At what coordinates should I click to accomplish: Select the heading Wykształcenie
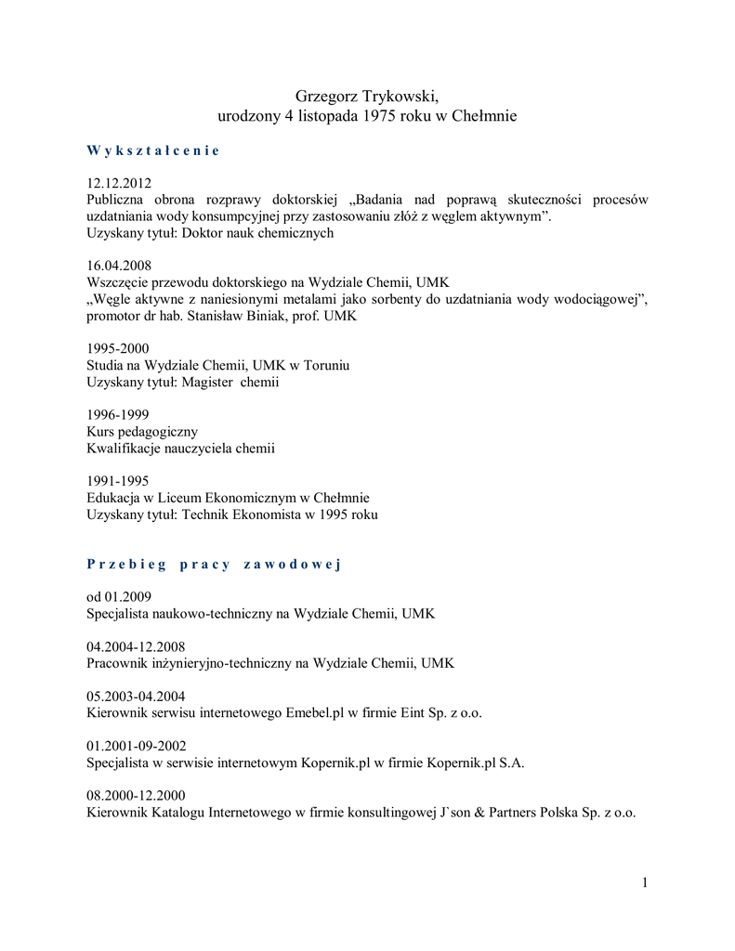pos(153,150)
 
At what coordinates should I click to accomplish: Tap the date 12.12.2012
pos(119,183)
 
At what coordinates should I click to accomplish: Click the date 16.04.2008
pos(119,266)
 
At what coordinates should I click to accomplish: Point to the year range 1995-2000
pos(117,349)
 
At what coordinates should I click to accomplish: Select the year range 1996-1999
pos(117,415)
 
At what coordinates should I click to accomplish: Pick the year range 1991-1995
pos(117,481)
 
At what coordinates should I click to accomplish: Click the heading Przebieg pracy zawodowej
pos(214,565)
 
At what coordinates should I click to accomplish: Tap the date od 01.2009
pos(119,597)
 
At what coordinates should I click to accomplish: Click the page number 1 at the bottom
pos(644,883)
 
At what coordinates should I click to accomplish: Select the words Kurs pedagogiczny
pos(142,432)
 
